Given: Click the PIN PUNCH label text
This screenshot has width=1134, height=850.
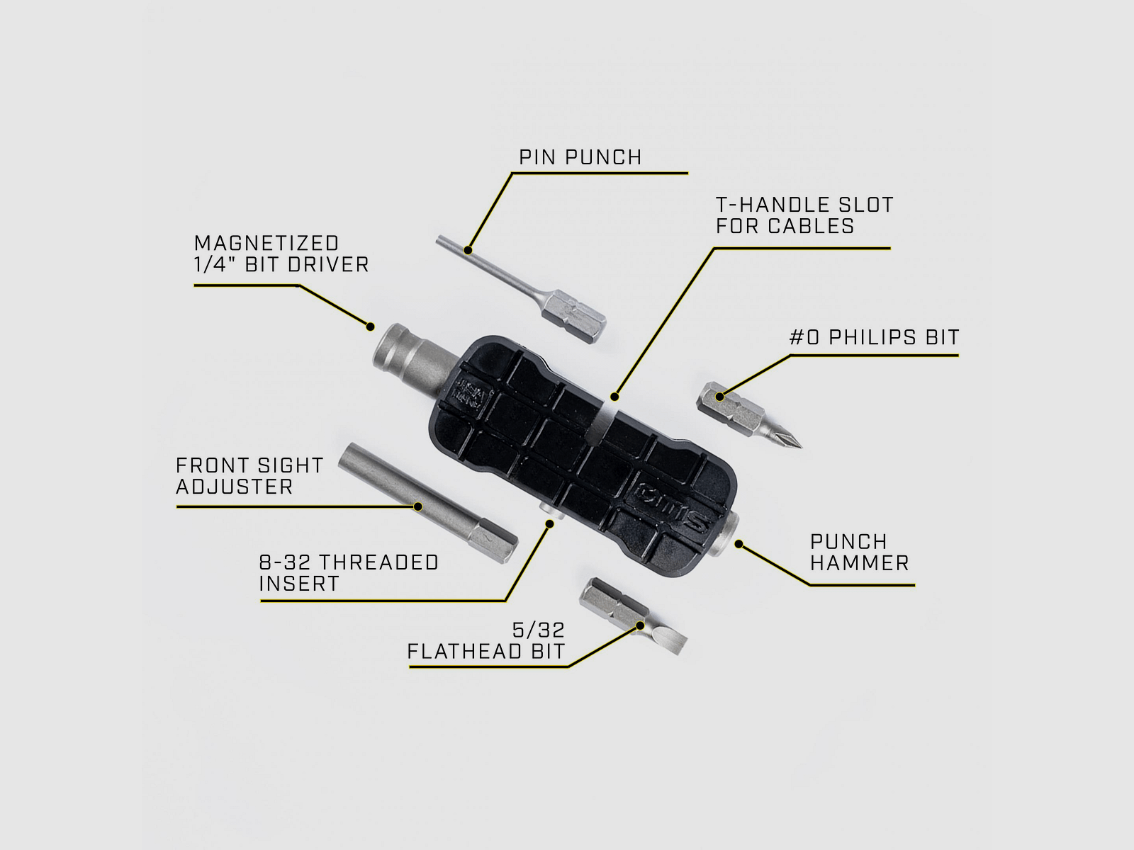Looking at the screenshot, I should [x=580, y=157].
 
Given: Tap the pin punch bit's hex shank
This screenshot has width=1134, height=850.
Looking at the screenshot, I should [x=580, y=312].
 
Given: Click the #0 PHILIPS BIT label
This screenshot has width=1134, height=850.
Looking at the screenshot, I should [x=874, y=337].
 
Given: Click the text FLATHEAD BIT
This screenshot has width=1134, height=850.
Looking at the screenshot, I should [x=486, y=652].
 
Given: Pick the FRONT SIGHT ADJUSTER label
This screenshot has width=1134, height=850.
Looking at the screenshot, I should [x=249, y=476].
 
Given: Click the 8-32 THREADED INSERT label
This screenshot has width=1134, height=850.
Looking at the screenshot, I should [x=349, y=573].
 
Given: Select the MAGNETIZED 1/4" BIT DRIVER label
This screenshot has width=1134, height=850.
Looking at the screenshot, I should [x=281, y=254].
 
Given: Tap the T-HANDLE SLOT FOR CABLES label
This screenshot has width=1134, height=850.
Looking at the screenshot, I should [x=804, y=215].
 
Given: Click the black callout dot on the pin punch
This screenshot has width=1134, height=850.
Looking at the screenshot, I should [x=468, y=249].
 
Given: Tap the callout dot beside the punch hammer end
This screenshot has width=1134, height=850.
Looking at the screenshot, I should [x=739, y=544].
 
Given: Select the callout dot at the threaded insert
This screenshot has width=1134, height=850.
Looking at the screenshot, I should [x=549, y=523].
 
